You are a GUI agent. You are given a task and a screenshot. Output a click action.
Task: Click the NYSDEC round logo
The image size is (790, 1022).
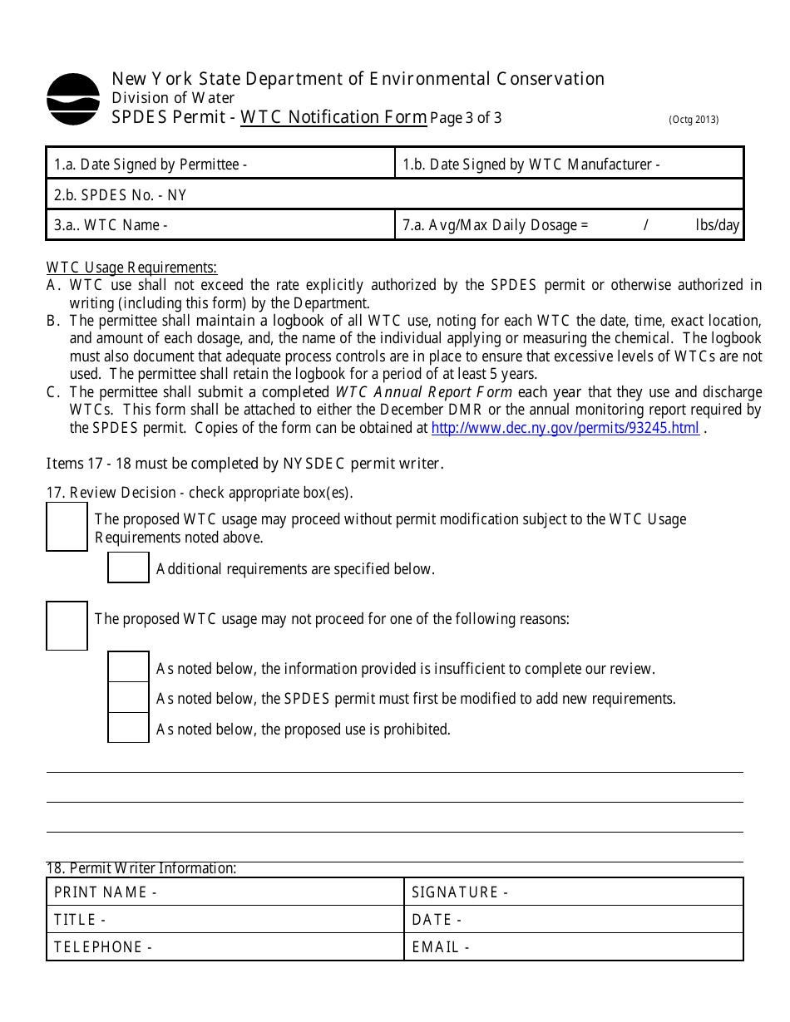(x=73, y=99)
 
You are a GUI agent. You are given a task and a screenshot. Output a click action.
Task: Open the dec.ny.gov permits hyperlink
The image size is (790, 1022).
(x=565, y=429)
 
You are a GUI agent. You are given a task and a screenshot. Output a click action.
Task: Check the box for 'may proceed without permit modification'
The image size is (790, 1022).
(x=67, y=527)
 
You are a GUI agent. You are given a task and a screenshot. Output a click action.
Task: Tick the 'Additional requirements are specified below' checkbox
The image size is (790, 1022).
(x=128, y=568)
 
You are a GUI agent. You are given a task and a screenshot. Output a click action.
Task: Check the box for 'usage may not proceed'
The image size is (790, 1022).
(x=67, y=626)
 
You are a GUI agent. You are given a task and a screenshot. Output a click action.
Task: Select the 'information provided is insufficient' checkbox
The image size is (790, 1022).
(x=128, y=667)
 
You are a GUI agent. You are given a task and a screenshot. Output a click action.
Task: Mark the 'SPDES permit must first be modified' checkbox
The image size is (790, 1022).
(x=128, y=698)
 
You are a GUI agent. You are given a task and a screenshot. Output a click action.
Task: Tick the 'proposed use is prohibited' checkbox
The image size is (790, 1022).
(x=128, y=728)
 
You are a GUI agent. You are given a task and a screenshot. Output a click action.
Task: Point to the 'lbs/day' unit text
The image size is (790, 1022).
(x=717, y=225)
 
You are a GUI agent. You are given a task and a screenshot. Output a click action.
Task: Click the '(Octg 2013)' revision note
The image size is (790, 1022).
(x=694, y=120)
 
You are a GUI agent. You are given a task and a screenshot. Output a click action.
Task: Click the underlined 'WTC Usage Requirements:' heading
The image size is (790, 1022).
(x=131, y=268)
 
